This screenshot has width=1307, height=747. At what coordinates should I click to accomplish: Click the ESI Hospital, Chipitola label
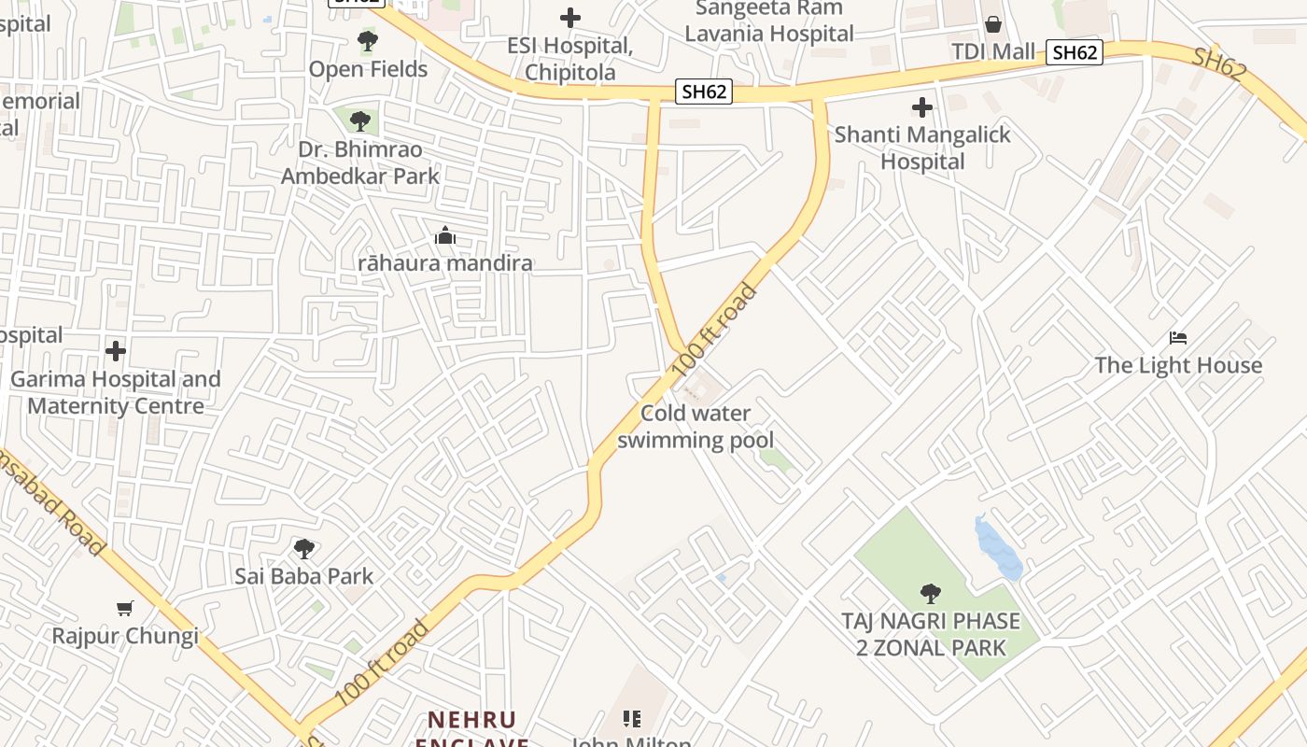click(x=569, y=59)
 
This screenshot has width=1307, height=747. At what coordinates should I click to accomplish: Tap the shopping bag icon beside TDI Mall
click(x=993, y=24)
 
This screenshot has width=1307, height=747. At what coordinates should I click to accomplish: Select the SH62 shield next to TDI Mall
click(x=1074, y=52)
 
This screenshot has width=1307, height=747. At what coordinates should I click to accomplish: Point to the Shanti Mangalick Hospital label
click(x=922, y=148)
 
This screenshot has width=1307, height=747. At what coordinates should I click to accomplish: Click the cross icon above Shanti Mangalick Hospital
click(x=922, y=107)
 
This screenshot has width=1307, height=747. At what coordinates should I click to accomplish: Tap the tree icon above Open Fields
click(x=368, y=41)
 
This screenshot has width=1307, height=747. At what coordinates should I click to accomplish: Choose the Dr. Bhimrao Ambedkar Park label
click(x=360, y=162)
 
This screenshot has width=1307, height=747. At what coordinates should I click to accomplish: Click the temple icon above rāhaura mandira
click(x=445, y=235)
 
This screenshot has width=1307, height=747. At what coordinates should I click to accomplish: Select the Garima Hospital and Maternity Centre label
click(x=116, y=392)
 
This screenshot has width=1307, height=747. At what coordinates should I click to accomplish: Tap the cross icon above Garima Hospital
click(x=116, y=351)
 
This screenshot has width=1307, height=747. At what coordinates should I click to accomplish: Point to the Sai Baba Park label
click(x=303, y=576)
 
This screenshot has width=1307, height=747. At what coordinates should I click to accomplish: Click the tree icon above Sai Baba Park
click(x=303, y=548)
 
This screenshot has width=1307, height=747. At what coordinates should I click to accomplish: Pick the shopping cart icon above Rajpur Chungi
click(x=125, y=609)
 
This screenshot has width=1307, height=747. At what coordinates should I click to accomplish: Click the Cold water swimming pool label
click(x=696, y=427)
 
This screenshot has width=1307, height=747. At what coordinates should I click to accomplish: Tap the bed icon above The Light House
click(x=1178, y=337)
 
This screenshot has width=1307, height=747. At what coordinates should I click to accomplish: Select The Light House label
click(x=1178, y=365)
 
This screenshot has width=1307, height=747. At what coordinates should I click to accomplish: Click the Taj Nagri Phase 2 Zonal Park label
click(x=931, y=634)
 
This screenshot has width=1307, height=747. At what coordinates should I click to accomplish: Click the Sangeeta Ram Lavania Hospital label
click(x=769, y=21)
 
